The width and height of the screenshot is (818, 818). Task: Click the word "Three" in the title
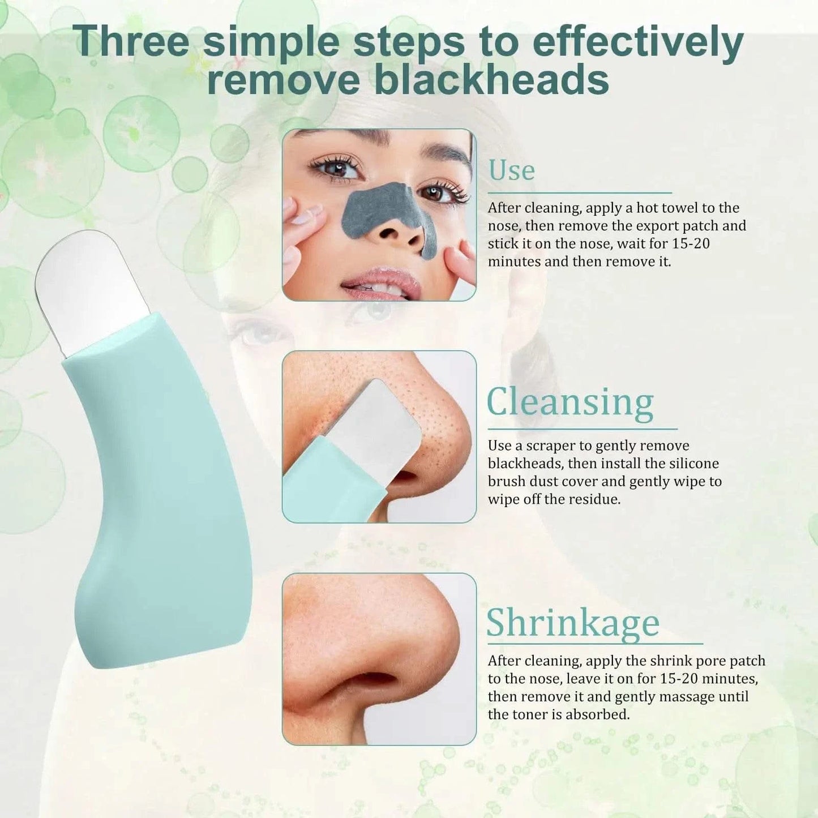coord(132,41)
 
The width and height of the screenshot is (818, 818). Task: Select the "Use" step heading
coord(512,170)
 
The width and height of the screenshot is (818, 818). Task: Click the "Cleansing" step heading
coord(570,403)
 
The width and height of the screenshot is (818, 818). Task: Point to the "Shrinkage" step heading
coord(573,624)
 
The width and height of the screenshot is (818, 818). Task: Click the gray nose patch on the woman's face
coord(386,216)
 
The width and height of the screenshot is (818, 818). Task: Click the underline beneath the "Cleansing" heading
coord(583,429)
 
